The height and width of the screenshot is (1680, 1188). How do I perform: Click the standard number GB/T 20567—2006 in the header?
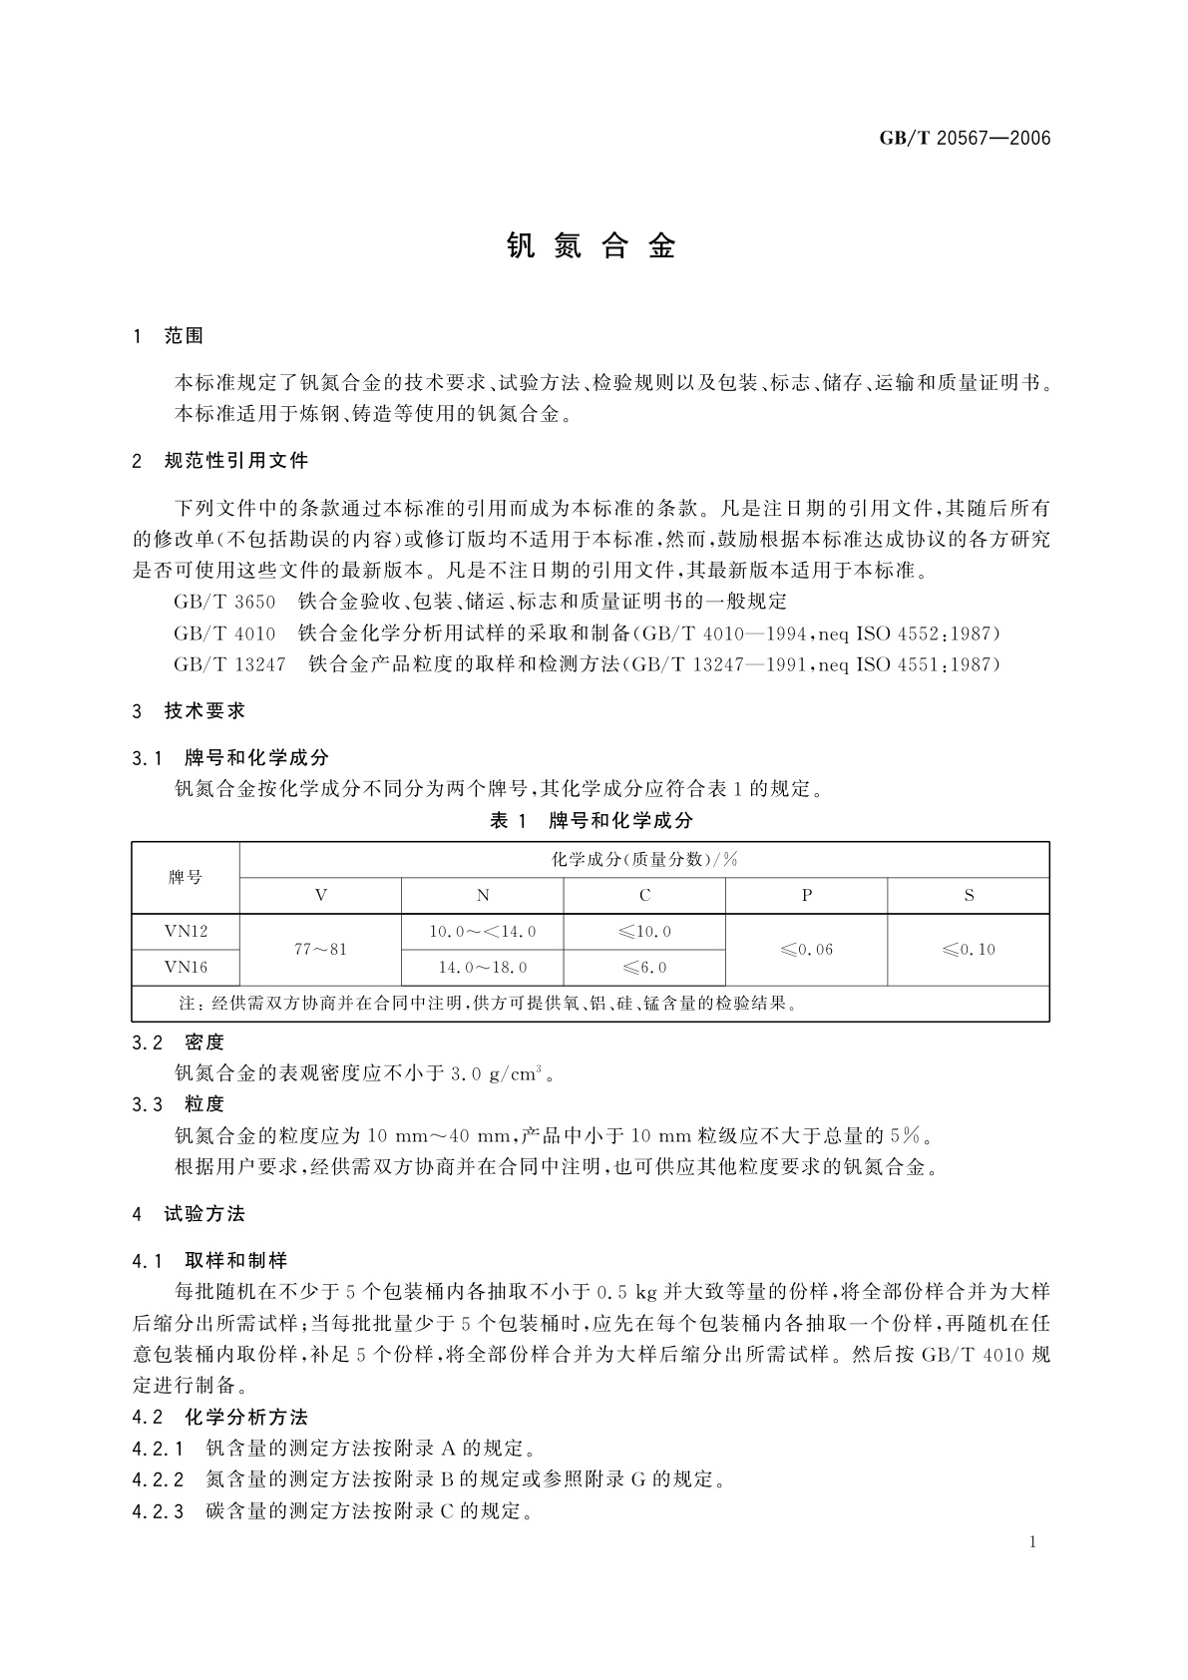(x=965, y=139)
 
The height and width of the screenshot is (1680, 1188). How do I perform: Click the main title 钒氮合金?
(x=593, y=246)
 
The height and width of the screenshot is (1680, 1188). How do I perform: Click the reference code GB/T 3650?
(x=224, y=602)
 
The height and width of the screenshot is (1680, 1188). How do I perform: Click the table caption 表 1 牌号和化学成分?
(x=592, y=820)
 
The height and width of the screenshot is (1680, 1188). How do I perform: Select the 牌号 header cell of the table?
(x=186, y=878)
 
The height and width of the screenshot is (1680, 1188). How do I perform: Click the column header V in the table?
(x=320, y=896)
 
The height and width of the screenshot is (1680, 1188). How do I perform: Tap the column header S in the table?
(x=969, y=896)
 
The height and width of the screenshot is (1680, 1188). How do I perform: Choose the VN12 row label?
(x=186, y=932)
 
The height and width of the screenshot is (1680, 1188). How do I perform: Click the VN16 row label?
(x=186, y=968)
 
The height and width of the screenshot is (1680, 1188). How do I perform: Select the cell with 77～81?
(x=320, y=950)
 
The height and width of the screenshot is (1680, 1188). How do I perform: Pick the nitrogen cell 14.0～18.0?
(x=483, y=968)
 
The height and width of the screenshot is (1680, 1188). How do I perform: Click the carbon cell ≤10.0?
(x=644, y=932)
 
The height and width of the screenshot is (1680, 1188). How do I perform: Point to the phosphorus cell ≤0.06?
(x=806, y=950)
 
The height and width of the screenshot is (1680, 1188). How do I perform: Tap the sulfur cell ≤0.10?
(x=969, y=950)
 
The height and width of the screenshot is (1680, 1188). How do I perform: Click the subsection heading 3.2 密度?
(x=179, y=1043)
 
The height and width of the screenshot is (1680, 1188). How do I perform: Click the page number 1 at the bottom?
(x=1032, y=1542)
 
